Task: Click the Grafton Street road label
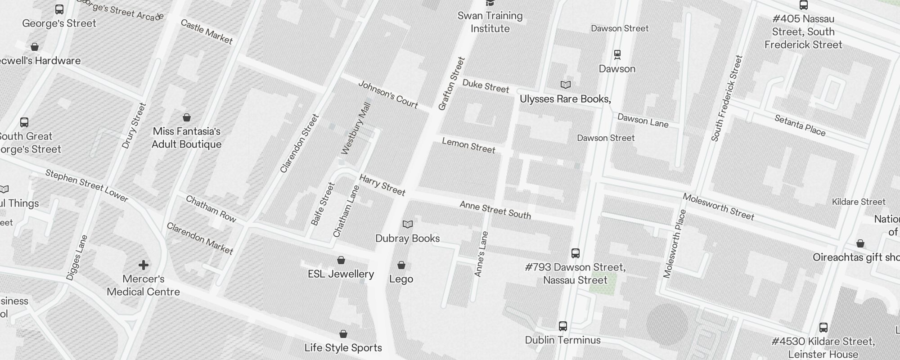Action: click(451, 84)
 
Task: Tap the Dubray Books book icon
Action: click(408, 224)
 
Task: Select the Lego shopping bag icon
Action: click(401, 265)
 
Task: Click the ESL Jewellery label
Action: click(341, 274)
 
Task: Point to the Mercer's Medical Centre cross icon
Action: click(144, 265)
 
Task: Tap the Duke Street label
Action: click(486, 86)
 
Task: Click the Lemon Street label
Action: click(468, 145)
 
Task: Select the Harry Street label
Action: click(382, 185)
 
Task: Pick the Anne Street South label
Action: click(495, 210)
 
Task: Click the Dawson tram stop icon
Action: click(617, 55)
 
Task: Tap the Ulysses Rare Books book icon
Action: click(566, 85)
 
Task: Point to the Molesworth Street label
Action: click(718, 207)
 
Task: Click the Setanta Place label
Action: click(800, 125)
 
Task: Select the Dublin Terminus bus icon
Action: click(563, 326)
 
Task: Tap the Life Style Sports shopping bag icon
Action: click(343, 334)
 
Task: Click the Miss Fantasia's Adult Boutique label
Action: click(186, 138)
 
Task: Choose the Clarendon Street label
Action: click(299, 144)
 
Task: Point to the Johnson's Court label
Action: click(388, 94)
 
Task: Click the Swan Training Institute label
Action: click(490, 22)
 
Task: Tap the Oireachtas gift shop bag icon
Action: click(860, 243)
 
